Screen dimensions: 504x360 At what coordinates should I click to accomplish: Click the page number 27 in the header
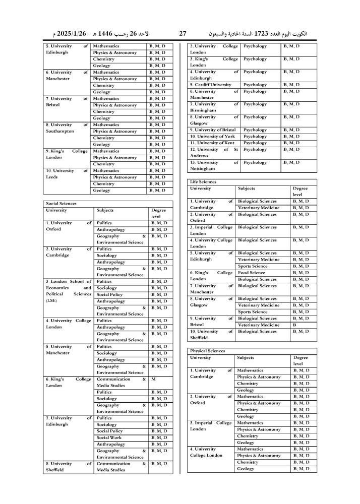pos(183,34)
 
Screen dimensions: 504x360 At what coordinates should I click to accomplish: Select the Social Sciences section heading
pos(62,204)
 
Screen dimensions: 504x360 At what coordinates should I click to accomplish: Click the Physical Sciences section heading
pos(207,351)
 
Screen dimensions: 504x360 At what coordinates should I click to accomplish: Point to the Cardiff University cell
pos(211,85)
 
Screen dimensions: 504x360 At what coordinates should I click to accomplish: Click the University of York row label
pos(212,137)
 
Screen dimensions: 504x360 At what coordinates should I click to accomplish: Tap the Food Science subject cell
pos(253,273)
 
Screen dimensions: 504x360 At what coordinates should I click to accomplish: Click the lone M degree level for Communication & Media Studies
pos(153,379)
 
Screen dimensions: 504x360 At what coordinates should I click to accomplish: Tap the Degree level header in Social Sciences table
pos(159,213)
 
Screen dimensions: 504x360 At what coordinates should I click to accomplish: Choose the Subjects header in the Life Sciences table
pos(247,188)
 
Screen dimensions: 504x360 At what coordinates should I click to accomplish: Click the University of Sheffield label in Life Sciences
pos(212,335)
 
